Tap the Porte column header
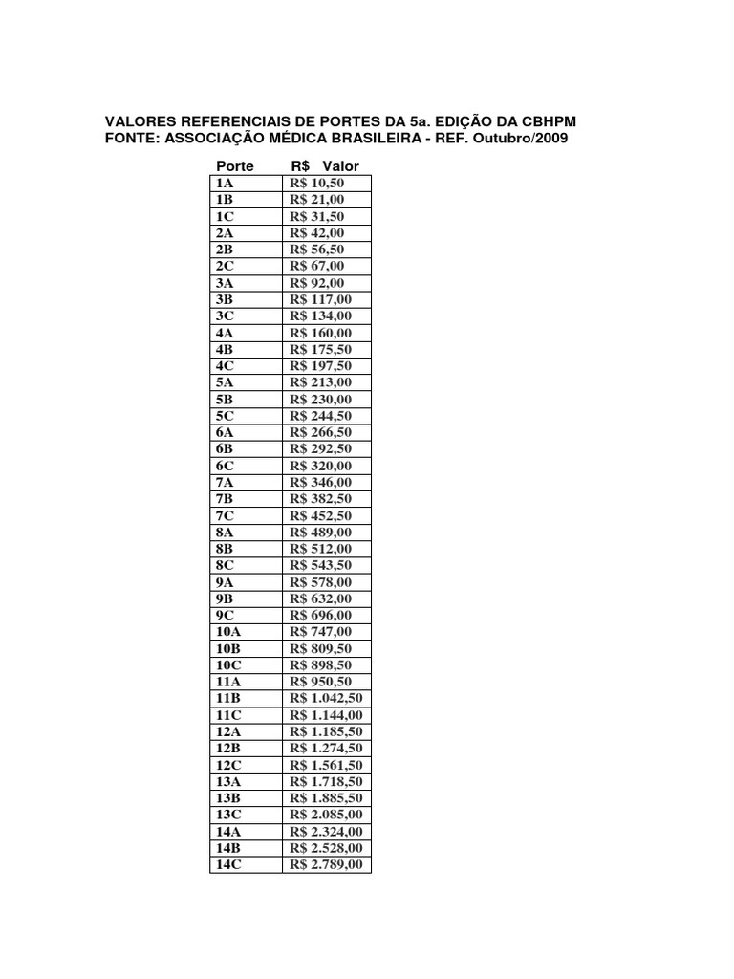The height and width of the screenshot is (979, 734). point(235,166)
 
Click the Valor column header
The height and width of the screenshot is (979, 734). point(341,166)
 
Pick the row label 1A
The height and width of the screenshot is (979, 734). point(225,183)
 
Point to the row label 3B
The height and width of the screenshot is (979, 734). point(226,299)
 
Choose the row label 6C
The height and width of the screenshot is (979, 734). point(226,466)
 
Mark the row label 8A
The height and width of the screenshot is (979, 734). point(226,533)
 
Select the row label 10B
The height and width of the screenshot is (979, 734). point(229,648)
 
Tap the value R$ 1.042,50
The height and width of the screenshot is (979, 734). point(326,699)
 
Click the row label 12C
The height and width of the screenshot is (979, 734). point(229,765)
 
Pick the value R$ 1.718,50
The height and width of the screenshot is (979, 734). point(326,782)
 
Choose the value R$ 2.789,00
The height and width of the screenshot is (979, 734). point(326,865)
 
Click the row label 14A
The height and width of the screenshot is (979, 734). point(229,832)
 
